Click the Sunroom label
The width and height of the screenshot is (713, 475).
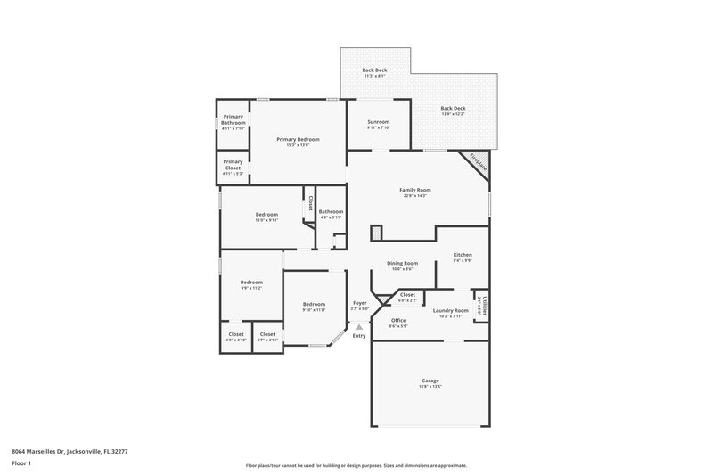[x=379, y=122]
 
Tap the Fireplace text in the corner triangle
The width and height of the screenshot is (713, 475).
[x=478, y=163]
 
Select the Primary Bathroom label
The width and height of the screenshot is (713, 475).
[x=234, y=119]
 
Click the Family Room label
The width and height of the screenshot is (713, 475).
[x=415, y=190]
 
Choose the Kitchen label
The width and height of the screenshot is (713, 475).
[x=463, y=255]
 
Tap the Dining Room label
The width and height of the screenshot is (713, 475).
[x=403, y=263]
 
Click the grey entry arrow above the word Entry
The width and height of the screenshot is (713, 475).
[x=359, y=327]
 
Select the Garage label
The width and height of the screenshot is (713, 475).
[x=430, y=381]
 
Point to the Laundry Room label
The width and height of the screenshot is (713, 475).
[x=451, y=310]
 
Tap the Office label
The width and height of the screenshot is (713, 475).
[x=398, y=320]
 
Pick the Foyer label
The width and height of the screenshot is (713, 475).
[x=360, y=303]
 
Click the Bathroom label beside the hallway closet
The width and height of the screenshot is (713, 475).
[x=331, y=211]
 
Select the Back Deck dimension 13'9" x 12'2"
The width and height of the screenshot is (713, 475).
[x=454, y=114]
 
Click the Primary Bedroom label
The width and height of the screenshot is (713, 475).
[x=298, y=139]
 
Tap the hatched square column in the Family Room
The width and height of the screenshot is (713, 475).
[x=376, y=232]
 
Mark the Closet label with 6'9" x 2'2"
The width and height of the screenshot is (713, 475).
[x=407, y=294]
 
